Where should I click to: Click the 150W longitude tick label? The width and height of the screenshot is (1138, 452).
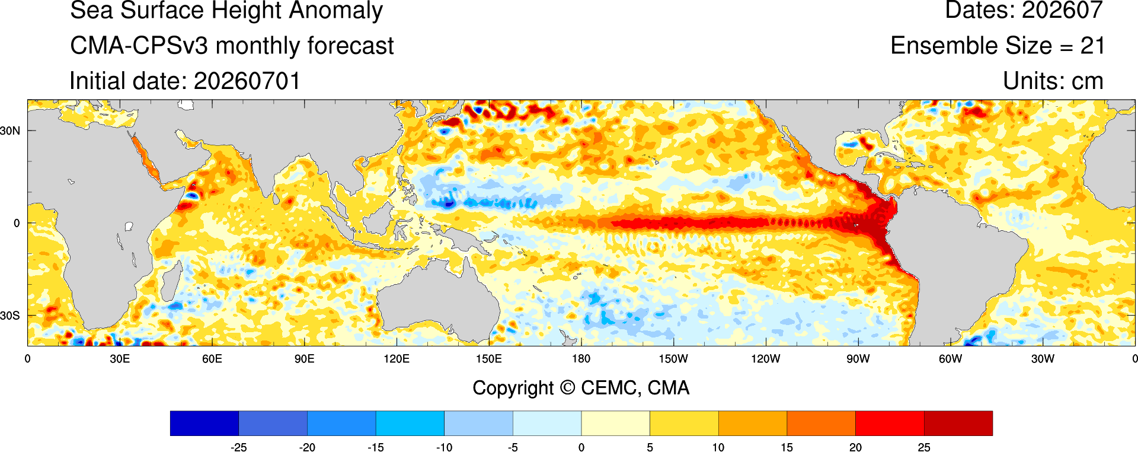click(673, 359)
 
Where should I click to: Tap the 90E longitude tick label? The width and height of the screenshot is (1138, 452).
click(304, 359)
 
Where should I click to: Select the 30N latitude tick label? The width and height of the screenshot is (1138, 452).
click(10, 130)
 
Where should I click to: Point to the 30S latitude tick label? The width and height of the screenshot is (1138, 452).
click(10, 316)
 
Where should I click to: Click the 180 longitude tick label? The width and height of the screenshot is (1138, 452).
click(581, 359)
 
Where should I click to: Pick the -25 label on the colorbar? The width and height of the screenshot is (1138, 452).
click(238, 447)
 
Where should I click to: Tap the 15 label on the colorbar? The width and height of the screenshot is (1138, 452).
click(787, 447)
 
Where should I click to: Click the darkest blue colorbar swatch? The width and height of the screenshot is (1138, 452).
click(204, 424)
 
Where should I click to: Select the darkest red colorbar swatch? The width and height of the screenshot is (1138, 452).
click(958, 424)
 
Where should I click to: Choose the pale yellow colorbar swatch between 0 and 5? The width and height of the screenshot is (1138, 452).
click(616, 424)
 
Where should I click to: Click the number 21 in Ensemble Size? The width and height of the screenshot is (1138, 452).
click(1092, 46)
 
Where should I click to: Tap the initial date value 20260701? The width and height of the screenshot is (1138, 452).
click(247, 81)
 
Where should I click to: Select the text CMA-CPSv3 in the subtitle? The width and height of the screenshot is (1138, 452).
click(139, 46)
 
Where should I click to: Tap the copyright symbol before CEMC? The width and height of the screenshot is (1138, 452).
click(567, 388)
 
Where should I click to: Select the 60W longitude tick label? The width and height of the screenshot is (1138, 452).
click(950, 359)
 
